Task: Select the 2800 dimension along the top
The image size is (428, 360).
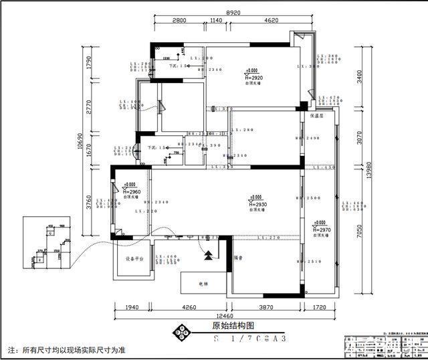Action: [179, 21]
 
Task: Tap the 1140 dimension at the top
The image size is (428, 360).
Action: [215, 21]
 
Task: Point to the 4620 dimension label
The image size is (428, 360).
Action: [271, 21]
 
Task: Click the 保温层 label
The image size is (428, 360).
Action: [317, 115]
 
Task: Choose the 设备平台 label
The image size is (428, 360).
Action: [134, 258]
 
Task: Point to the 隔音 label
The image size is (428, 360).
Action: [238, 257]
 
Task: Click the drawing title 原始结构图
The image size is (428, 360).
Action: [233, 327]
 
